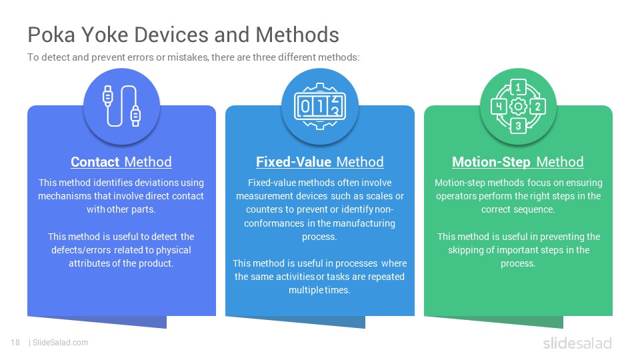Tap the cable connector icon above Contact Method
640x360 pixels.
point(121,107)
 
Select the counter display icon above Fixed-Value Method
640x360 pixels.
point(320,107)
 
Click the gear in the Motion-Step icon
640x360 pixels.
point(518,107)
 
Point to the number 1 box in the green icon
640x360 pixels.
point(518,87)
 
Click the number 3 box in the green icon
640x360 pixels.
point(518,126)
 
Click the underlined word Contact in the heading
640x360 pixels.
point(95,162)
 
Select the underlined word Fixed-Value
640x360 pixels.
point(294,162)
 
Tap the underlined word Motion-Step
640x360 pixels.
point(492,162)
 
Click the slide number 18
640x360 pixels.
point(15,343)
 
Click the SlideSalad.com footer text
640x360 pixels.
point(61,343)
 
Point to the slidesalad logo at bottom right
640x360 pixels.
point(577,343)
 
